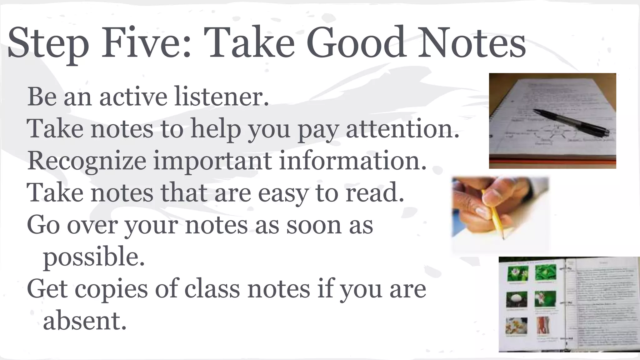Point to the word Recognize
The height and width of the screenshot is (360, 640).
click(x=87, y=161)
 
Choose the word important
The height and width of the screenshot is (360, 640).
click(x=212, y=161)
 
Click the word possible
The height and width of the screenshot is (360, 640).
click(x=94, y=257)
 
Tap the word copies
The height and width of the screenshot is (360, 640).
click(x=111, y=289)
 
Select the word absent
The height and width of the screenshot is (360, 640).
click(x=84, y=321)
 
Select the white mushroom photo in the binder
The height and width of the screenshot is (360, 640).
click(x=517, y=299)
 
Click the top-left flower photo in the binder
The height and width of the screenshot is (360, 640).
click(x=517, y=273)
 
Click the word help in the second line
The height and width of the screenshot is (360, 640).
click(x=216, y=129)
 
